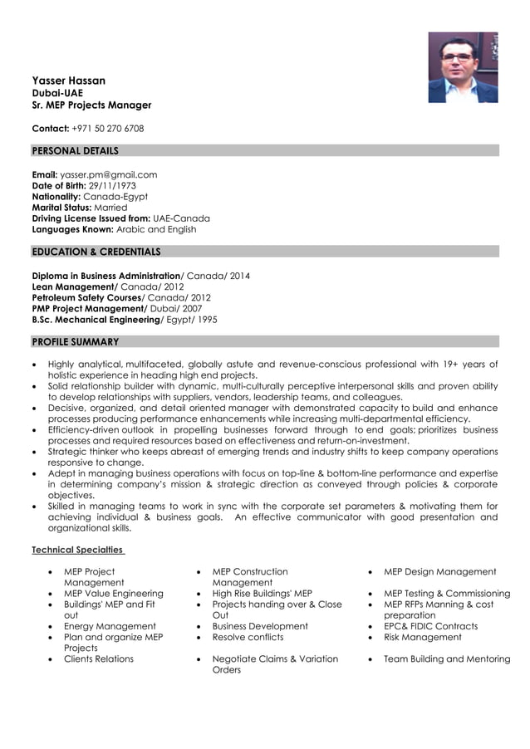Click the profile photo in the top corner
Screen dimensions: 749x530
tap(463, 67)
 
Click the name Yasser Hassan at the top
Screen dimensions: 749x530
tap(68, 81)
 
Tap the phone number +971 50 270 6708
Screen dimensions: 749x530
tap(107, 129)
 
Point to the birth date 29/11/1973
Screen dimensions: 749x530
tap(112, 186)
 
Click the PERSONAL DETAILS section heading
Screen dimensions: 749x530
tap(75, 151)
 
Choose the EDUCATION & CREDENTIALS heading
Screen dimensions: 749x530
tap(96, 252)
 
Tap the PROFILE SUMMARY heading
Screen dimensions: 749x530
tap(75, 342)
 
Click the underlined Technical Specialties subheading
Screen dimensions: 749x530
tap(77, 550)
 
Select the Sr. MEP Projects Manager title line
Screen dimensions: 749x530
tap(91, 105)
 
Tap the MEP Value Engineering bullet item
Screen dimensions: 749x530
tap(114, 594)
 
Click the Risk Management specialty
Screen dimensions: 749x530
tap(422, 637)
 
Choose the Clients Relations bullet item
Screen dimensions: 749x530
tap(99, 658)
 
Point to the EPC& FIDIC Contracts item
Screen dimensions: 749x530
tap(430, 626)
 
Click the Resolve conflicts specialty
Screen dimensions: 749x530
tap(248, 637)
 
